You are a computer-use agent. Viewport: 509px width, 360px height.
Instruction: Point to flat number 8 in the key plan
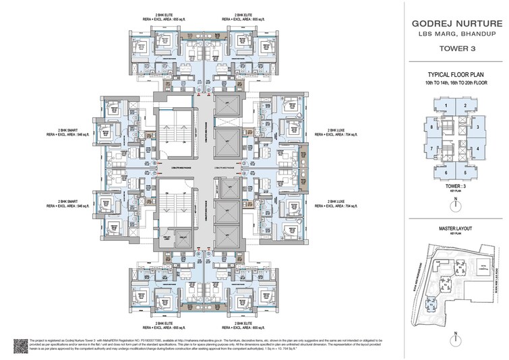coord(431,127)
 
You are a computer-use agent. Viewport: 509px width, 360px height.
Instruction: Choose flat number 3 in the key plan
coord(477,127)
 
